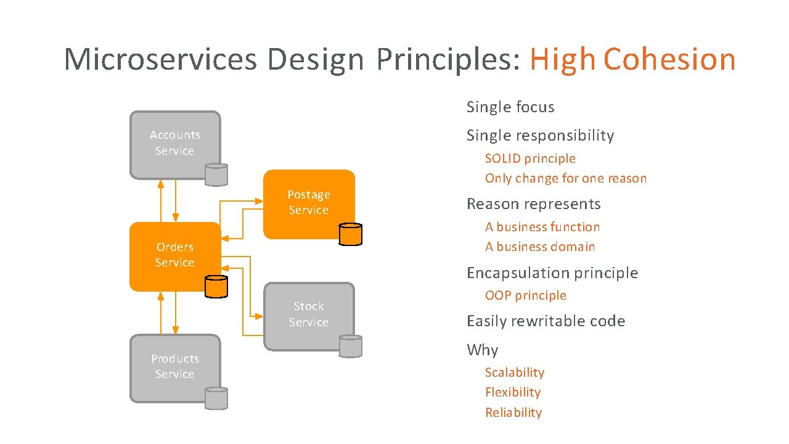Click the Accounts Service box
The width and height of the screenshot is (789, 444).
pos(174,143)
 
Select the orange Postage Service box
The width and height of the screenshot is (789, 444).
pos(309,203)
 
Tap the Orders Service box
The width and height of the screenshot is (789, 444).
pos(174,255)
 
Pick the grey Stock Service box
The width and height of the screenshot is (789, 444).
pos(309,314)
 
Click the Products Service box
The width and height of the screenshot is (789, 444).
pos(174,367)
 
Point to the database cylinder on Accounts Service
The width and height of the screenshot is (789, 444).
pos(216,175)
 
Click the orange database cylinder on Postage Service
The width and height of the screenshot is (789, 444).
pos(350,234)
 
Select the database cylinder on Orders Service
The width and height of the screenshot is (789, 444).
pos(216,286)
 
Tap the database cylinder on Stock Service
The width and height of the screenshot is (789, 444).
pos(350,346)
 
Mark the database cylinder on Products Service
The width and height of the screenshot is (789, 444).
pos(216,398)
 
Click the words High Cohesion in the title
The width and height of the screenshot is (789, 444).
pos(632,60)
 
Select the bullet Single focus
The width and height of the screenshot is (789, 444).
pos(510,107)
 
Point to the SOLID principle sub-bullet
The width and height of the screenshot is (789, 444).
pos(530,158)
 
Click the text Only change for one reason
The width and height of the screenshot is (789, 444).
pos(566,179)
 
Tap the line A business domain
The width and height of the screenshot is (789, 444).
pos(540,247)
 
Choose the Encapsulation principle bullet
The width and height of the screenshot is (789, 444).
pos(552,273)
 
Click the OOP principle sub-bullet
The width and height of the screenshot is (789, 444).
pos(525,295)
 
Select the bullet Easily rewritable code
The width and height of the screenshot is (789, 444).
pos(546,321)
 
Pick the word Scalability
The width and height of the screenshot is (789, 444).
pos(515,372)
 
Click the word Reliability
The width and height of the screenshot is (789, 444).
pos(513,413)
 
